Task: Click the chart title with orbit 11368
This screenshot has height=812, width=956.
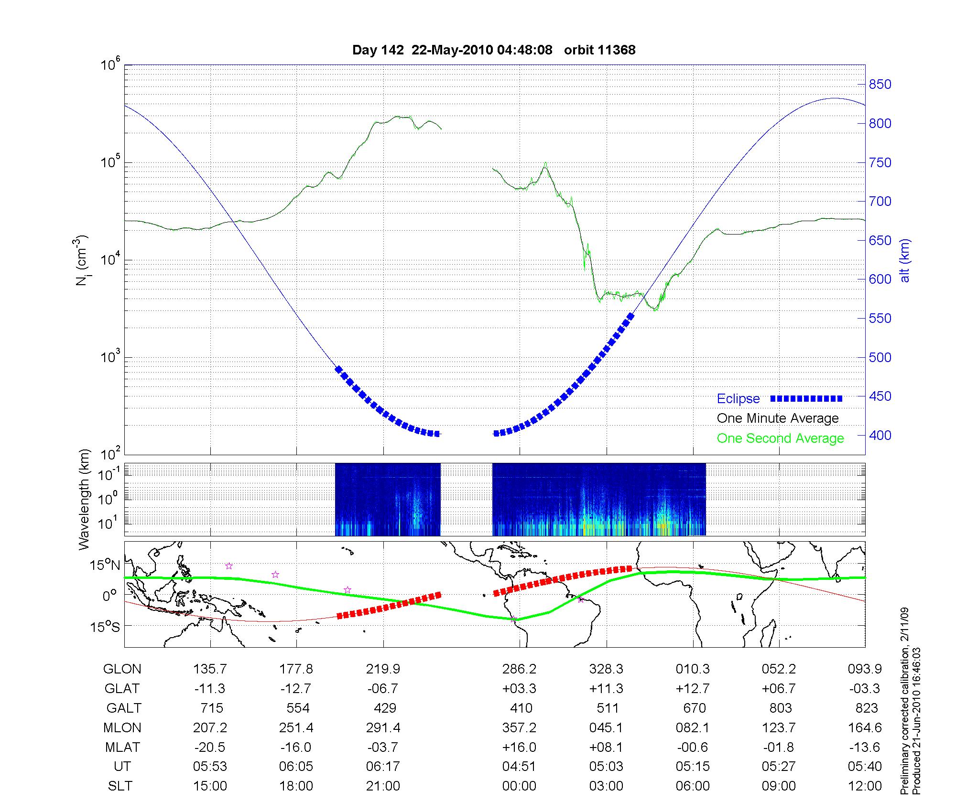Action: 494,50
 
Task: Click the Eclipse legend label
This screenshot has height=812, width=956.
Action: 738,398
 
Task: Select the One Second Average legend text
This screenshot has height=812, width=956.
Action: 780,438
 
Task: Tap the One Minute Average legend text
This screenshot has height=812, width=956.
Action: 778,418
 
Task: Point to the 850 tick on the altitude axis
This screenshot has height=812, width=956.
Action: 880,85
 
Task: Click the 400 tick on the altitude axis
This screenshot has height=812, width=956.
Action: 880,435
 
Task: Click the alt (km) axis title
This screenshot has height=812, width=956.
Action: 905,260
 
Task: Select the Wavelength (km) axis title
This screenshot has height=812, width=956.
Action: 84,499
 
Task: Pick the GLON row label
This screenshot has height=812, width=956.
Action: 122,669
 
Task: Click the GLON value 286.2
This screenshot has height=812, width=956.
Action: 519,669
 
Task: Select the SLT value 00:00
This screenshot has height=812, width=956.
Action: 519,786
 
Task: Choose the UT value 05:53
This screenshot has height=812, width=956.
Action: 210,766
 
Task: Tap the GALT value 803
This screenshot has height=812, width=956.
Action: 780,708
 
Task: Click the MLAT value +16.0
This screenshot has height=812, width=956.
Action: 519,747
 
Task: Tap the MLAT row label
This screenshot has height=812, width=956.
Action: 122,747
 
